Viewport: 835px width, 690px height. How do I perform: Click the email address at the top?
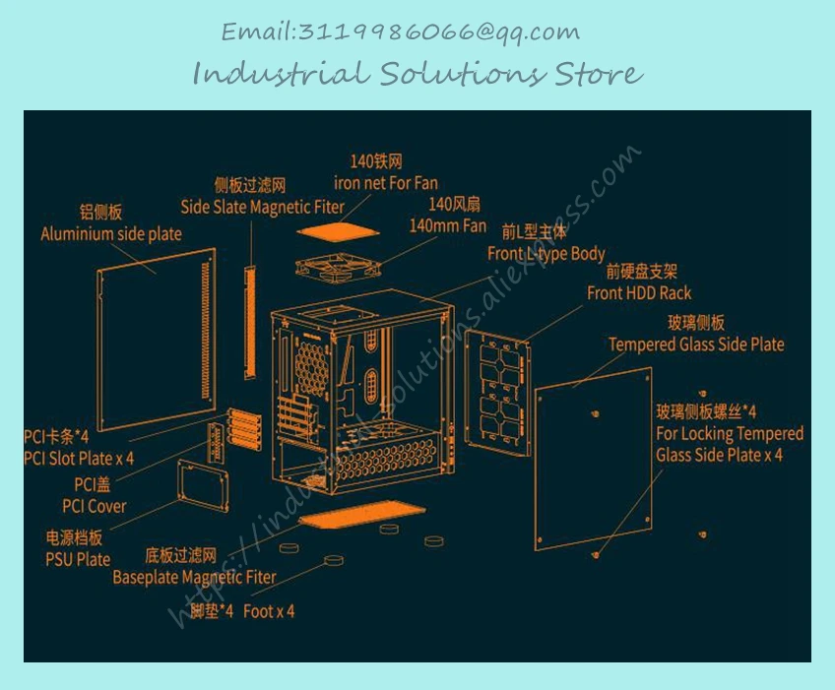pos(400,31)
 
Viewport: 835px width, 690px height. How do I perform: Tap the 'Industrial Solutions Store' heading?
pos(417,74)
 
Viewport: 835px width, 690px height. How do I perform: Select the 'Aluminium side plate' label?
pos(110,234)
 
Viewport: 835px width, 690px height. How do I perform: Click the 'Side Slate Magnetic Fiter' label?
pos(262,208)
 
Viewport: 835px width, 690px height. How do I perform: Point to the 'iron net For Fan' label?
pos(385,183)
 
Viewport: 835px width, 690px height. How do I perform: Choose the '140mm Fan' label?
pos(447,225)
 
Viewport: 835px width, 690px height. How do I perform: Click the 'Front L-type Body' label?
pos(546,254)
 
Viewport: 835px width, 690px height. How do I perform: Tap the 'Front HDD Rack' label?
pos(639,292)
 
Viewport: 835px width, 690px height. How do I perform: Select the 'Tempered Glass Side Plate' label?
pos(696,345)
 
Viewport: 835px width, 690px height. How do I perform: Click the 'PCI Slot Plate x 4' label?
pos(79,458)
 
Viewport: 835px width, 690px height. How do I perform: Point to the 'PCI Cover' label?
pos(94,506)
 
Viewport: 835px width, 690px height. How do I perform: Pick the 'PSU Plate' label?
pos(78,559)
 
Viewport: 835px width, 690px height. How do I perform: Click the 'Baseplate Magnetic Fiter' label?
pos(194,577)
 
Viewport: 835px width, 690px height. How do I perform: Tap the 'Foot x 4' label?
pos(268,611)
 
